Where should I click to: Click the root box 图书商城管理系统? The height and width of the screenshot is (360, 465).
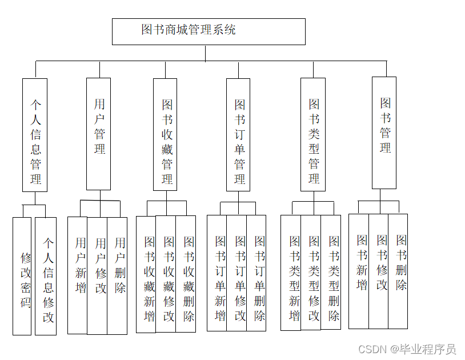click(209, 31)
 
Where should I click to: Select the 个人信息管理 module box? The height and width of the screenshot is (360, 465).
click(35, 135)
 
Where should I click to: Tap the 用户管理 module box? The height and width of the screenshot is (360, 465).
click(98, 134)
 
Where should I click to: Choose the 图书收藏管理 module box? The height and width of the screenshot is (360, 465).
click(165, 135)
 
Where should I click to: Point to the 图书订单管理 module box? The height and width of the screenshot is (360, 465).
click(238, 135)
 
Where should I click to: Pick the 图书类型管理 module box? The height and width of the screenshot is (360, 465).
click(313, 135)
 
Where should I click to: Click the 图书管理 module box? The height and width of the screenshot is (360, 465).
click(384, 133)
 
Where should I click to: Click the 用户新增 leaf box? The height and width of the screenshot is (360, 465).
click(78, 275)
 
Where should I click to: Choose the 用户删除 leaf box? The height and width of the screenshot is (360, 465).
click(117, 275)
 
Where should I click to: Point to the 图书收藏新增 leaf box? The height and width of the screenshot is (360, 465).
click(146, 274)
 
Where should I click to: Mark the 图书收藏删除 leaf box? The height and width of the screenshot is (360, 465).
click(186, 274)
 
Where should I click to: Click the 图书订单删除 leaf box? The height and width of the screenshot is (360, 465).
click(256, 273)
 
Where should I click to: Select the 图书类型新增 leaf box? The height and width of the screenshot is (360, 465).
click(291, 273)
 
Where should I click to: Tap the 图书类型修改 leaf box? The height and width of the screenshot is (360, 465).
click(311, 273)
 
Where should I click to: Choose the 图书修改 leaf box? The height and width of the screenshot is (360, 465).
click(378, 271)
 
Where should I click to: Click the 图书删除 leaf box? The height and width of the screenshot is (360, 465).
click(398, 271)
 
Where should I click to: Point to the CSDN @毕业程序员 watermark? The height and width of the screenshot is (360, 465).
click(407, 349)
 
